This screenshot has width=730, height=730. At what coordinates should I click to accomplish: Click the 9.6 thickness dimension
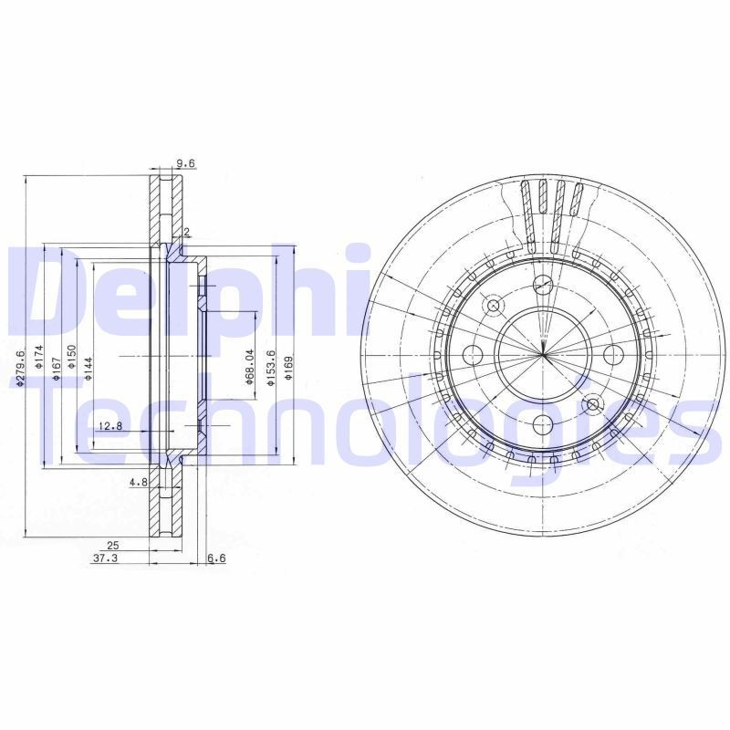pyautogui.click(x=186, y=163)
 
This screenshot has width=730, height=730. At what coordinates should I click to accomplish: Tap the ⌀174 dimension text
pyautogui.click(x=39, y=356)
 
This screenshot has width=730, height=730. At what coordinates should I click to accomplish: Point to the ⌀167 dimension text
pyautogui.click(x=57, y=361)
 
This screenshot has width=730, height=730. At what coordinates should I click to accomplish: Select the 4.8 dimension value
pyautogui.click(x=138, y=481)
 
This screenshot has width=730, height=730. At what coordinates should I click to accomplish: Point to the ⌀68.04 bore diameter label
pyautogui.click(x=248, y=367)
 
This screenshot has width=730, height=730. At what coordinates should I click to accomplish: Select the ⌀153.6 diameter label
pyautogui.click(x=270, y=367)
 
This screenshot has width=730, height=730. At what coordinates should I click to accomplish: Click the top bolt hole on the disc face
pyautogui.click(x=543, y=284)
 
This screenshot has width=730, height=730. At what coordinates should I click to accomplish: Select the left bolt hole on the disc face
pyautogui.click(x=473, y=354)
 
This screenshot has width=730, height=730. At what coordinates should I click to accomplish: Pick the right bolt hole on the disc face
pyautogui.click(x=613, y=354)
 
